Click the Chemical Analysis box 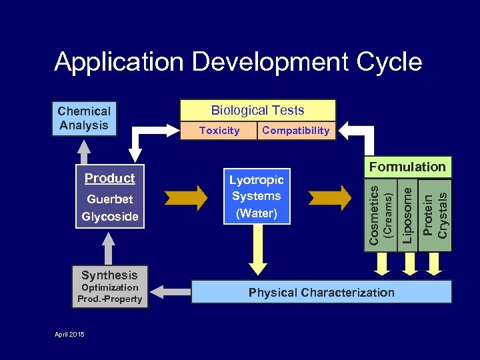click(x=84, y=119)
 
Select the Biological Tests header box click(x=257, y=111)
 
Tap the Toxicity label click(x=219, y=131)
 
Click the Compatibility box click(x=295, y=131)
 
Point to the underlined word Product click(x=109, y=178)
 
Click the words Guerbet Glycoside click(x=110, y=207)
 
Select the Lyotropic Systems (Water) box click(x=256, y=196)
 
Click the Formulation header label click(x=407, y=167)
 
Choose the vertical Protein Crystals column click(x=436, y=215)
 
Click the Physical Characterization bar click(x=321, y=292)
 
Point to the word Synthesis click(x=109, y=275)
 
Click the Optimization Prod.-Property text click(x=109, y=293)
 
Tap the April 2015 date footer click(x=69, y=333)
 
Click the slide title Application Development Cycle click(x=238, y=62)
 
